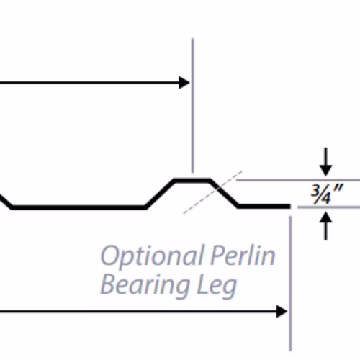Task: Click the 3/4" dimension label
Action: pos(327,194)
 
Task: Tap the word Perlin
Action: pos(243,255)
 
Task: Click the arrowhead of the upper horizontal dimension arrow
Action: pos(184,83)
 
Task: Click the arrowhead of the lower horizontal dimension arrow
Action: pos(282,311)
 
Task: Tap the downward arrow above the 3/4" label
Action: pos(325,162)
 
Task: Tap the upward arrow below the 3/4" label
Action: pos(325,225)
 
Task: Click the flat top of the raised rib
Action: pos(192,180)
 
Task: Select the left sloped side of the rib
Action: pos(160,193)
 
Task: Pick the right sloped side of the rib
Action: pos(224,193)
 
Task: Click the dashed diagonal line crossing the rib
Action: pos(213,192)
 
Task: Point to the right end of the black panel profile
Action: pos(290,206)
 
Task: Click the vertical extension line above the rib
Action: pos(192,105)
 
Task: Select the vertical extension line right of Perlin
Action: pos(290,283)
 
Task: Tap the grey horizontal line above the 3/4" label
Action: pos(298,180)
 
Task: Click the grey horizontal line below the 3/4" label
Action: pos(329,207)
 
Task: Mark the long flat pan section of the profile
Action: pos(78,207)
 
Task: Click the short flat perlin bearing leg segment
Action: pos(264,206)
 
